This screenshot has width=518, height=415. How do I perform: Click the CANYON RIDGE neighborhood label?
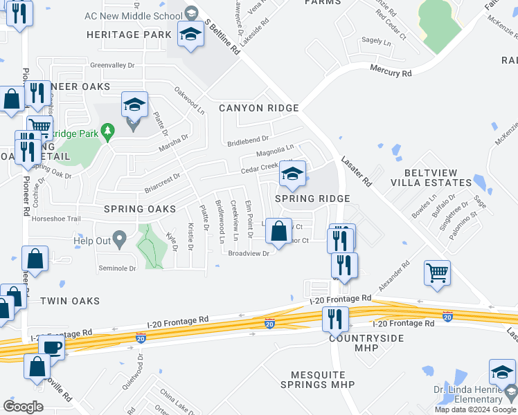258,108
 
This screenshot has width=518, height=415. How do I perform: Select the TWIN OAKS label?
69,301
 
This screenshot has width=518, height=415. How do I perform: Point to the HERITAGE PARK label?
129,34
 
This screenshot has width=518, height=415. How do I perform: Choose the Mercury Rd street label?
391,72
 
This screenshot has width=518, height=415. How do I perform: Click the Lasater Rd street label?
356,170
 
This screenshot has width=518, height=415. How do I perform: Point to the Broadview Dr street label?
248,253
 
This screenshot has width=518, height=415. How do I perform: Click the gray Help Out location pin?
119,240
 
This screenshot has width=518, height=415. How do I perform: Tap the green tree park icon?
107,130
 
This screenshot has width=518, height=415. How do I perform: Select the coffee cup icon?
51,345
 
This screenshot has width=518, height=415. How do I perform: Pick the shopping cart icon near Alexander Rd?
437,272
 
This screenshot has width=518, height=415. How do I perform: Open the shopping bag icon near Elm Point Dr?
278,230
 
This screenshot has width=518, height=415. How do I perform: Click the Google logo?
23,407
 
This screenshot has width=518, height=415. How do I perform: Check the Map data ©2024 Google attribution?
475,409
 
